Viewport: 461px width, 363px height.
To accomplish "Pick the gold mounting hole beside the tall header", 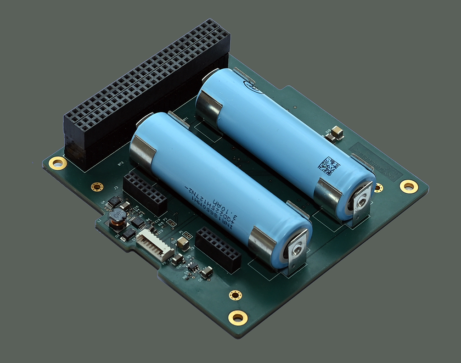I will [58, 162].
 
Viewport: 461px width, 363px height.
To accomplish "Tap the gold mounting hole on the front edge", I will [238, 316].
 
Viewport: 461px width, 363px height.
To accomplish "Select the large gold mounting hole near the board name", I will [408, 186].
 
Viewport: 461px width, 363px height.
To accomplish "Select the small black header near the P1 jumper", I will [218, 250].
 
